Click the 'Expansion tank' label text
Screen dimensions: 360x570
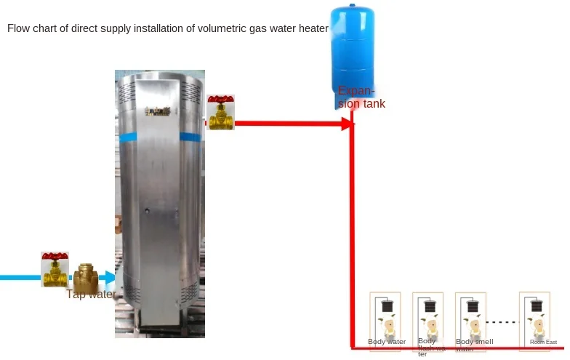coord(361,97)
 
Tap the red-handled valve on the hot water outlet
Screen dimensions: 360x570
coord(220,112)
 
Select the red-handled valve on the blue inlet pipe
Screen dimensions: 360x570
coord(55,268)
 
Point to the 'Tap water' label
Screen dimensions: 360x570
coord(91,294)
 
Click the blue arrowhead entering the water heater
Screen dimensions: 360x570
coord(109,277)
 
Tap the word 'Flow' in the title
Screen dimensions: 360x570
coord(19,29)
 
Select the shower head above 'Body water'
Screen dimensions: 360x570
coord(388,305)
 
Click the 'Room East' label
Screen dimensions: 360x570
coord(543,342)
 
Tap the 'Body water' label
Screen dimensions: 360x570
coord(387,342)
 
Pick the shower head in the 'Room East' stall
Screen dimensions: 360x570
coord(539,305)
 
